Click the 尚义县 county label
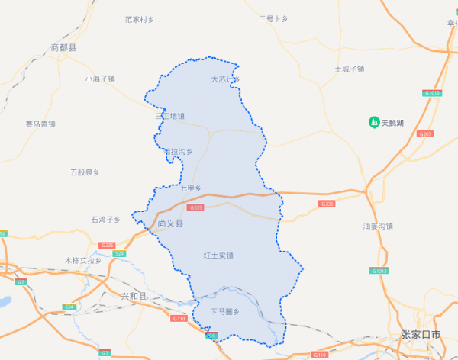coord(170,224)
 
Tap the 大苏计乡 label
coord(225,79)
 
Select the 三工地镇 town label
coord(170,117)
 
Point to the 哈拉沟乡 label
coord(178,152)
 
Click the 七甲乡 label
coord(190,188)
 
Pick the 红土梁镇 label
coord(218,256)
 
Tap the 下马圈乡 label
coord(225,311)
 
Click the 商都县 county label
coord(64,48)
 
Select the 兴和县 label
coord(134,296)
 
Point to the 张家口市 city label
coord(421,335)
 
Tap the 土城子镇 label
coord(350,69)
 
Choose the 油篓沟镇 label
coord(378,227)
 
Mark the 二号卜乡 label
coord(273,18)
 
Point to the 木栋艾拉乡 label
coord(82,261)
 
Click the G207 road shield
coord(426,134)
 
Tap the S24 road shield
coord(69,307)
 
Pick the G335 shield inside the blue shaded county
coord(195,207)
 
